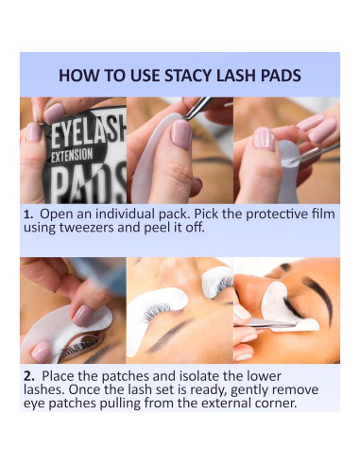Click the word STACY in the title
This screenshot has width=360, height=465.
[x=202, y=76]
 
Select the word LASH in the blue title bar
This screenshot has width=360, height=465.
[x=252, y=76]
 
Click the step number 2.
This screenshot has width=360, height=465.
[x=28, y=376]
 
